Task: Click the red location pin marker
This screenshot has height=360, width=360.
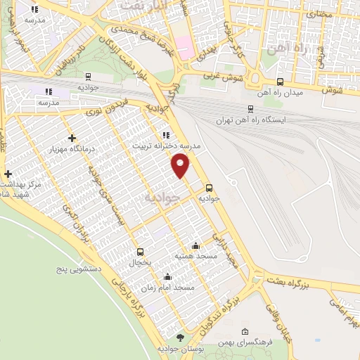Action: [181, 165]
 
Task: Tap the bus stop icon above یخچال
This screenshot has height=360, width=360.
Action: [140, 252]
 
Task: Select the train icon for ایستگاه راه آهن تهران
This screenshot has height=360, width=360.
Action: [250, 110]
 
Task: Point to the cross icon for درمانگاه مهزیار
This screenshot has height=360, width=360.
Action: [72, 139]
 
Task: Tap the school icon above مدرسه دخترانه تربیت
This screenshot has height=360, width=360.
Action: [166, 135]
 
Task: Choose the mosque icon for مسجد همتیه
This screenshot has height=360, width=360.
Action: [195, 246]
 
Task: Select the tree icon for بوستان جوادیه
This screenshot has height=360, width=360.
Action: [179, 338]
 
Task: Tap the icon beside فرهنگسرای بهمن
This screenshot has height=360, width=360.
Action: [244, 332]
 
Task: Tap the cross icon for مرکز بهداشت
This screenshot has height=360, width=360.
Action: [8, 174]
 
